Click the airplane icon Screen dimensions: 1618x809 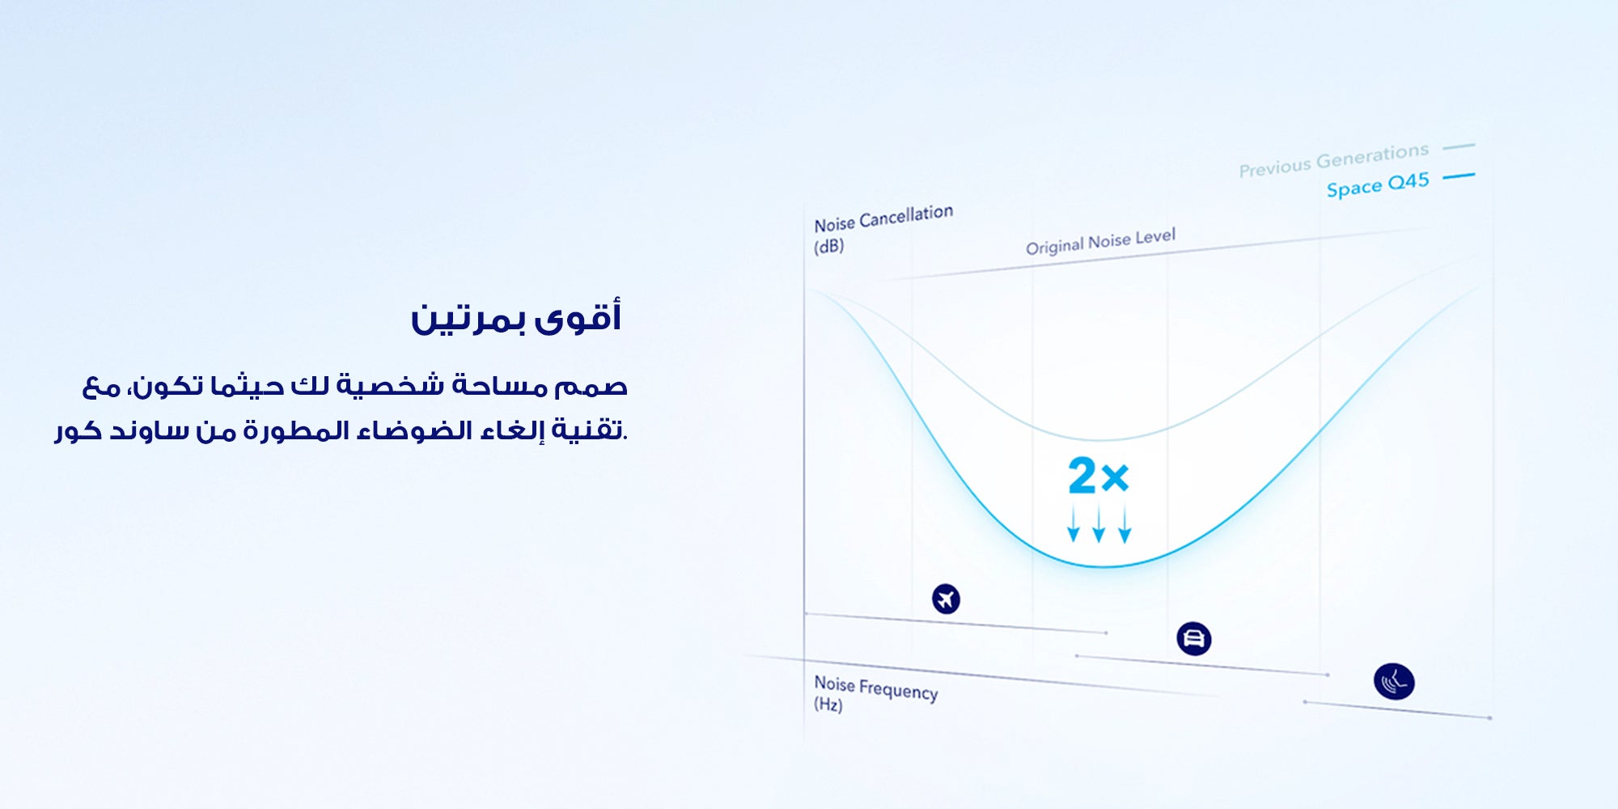tap(946, 599)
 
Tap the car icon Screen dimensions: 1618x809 tap(1193, 638)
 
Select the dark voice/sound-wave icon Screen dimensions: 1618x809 tap(1394, 681)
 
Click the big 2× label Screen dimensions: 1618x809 tap(1099, 476)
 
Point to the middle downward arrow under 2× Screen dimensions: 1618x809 tap(1099, 524)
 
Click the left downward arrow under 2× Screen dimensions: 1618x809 tap(1074, 524)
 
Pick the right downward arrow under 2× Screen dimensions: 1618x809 tap(1125, 524)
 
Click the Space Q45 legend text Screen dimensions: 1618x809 tap(1378, 185)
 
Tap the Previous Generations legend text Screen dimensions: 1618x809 tap(1334, 160)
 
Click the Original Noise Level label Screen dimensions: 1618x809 tap(1101, 242)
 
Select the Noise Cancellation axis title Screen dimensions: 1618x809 tap(883, 218)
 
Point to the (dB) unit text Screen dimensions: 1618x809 tap(828, 247)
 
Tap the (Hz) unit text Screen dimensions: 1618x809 tap(828, 705)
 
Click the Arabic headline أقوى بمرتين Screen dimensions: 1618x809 tap(516, 317)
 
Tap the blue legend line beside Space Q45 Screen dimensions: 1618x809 tap(1459, 176)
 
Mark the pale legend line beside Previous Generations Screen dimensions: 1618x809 tap(1459, 146)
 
